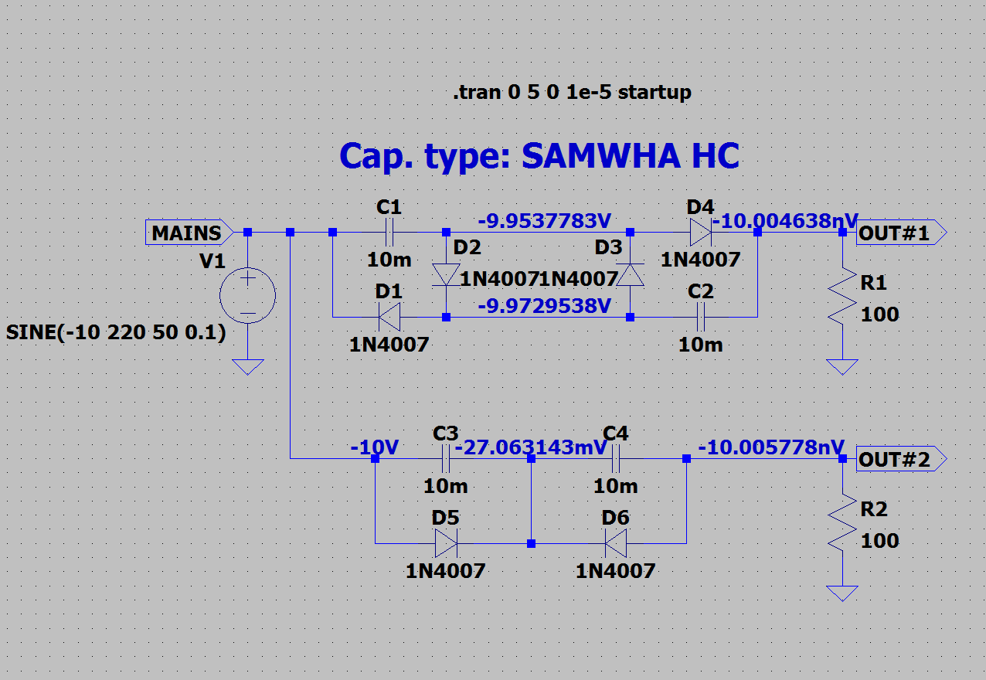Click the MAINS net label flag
(189, 232)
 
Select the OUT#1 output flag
(901, 232)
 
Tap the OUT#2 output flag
(901, 459)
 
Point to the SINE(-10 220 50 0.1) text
(116, 331)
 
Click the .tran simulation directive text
(573, 93)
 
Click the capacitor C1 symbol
(389, 232)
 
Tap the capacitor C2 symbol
(701, 317)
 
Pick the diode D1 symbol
(389, 317)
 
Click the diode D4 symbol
(701, 232)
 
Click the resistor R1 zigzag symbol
(842, 296)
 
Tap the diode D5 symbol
(446, 543)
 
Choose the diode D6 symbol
(616, 543)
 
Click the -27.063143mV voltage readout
(531, 447)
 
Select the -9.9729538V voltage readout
(545, 305)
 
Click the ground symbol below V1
(248, 366)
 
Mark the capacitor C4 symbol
(616, 459)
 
